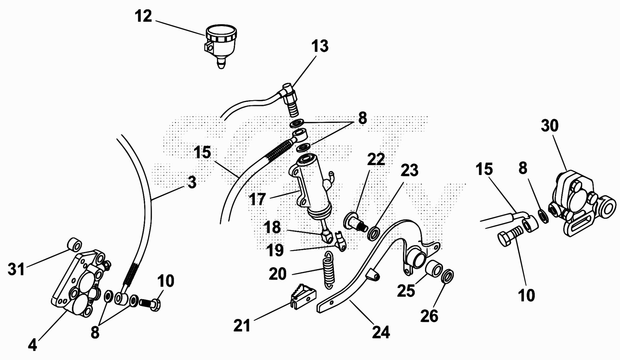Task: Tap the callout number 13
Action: [320, 46]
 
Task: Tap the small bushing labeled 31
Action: [75, 245]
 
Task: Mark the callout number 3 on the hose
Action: [192, 183]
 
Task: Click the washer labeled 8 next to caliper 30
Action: [542, 216]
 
